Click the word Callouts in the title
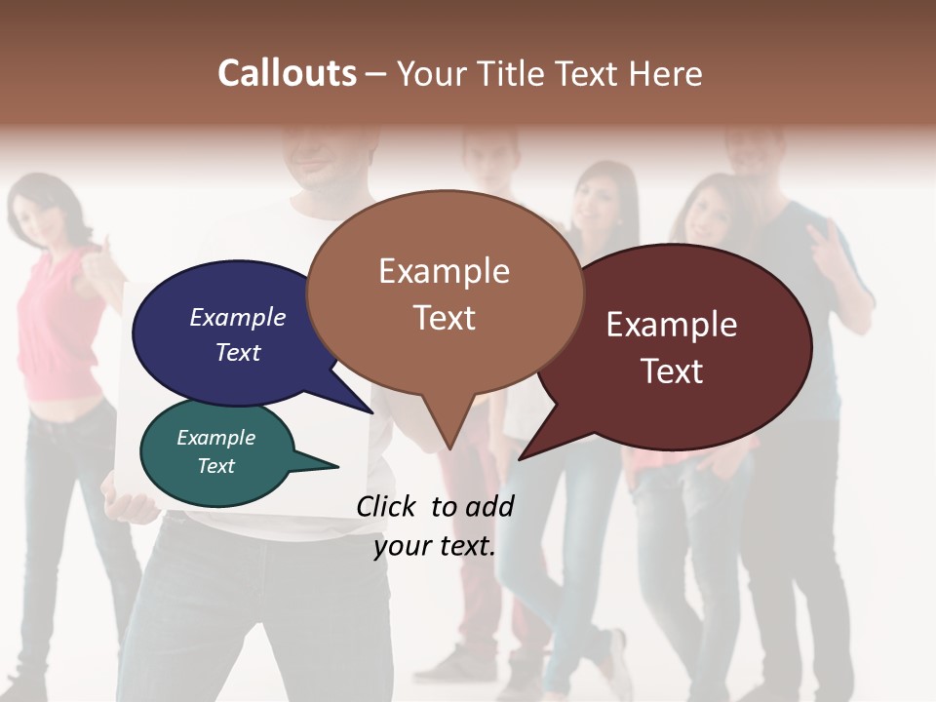point(287,73)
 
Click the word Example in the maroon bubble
point(672,325)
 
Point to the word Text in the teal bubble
point(215,466)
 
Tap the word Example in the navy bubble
point(237,318)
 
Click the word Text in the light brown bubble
point(444,318)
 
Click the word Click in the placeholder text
point(386,506)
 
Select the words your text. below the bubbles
point(435,547)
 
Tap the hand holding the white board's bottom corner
point(132,506)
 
